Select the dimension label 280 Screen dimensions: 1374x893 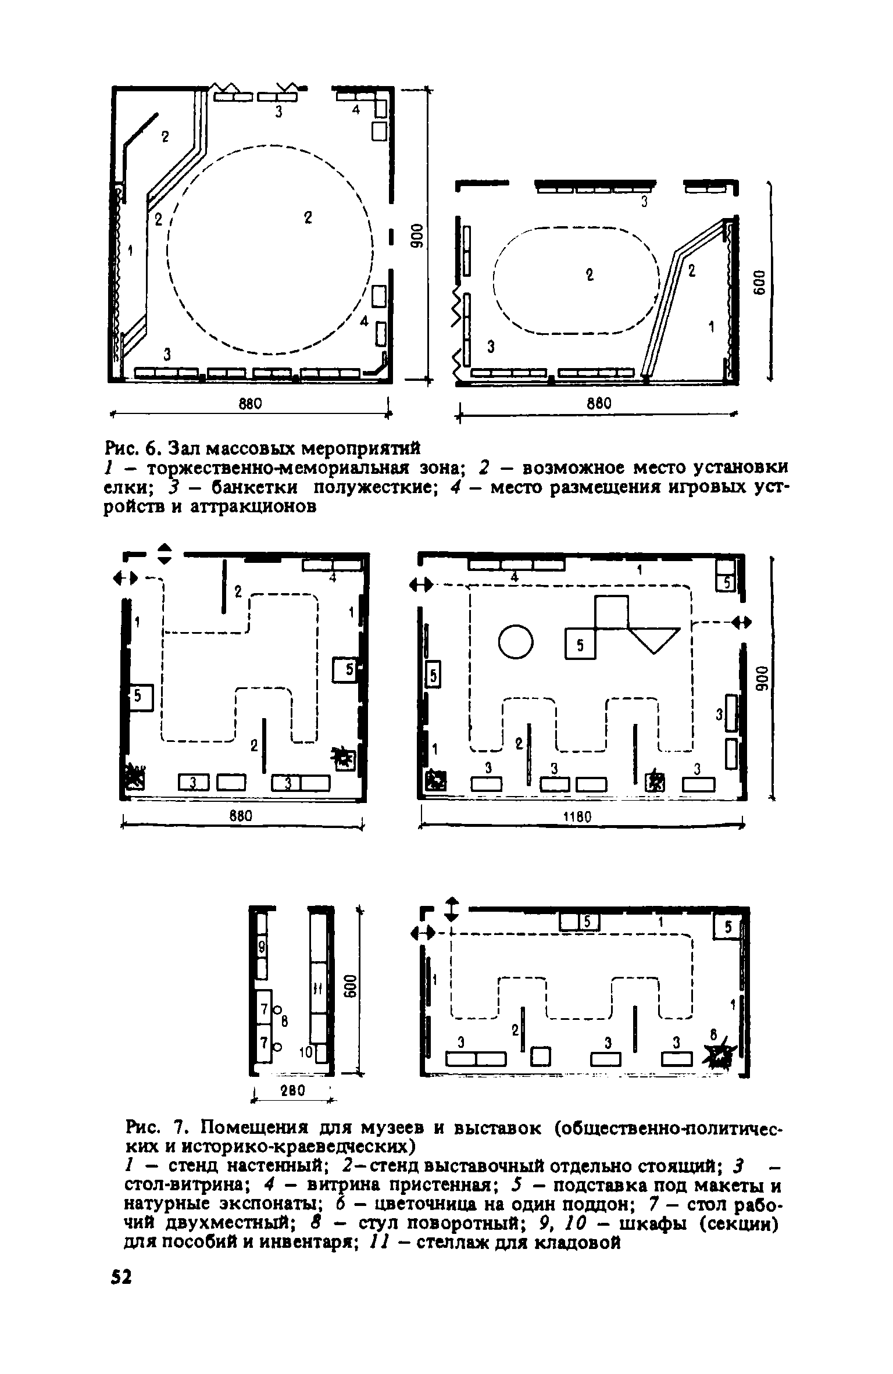(292, 1091)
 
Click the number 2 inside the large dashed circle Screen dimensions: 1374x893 (308, 218)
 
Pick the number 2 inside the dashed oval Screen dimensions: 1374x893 (590, 275)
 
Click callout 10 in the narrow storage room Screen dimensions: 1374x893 (304, 1051)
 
